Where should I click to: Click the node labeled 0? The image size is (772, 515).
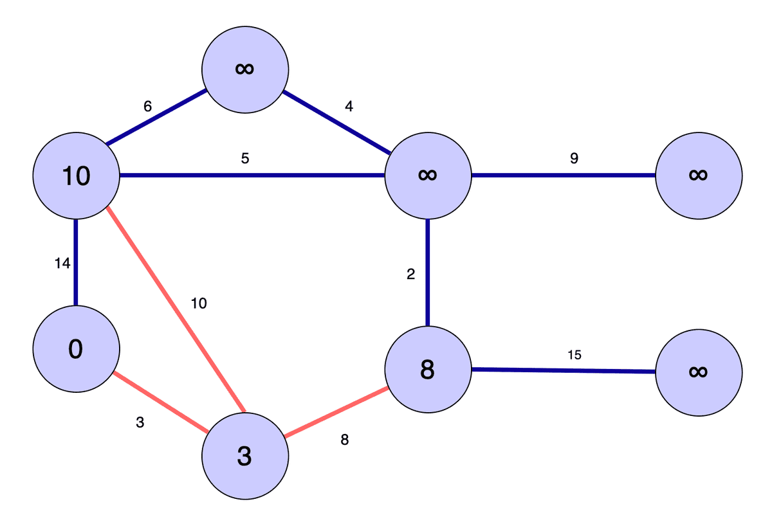pyautogui.click(x=76, y=348)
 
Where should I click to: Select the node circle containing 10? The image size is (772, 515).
pyautogui.click(x=76, y=176)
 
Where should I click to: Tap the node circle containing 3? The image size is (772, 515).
pyautogui.click(x=245, y=456)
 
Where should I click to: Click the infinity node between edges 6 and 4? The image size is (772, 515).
pyautogui.click(x=245, y=69)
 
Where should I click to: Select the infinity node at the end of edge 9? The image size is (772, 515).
pyautogui.click(x=699, y=175)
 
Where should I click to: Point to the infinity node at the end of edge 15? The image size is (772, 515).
pyautogui.click(x=699, y=372)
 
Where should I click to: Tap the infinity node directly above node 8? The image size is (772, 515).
pyautogui.click(x=428, y=175)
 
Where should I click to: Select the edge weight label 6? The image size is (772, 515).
pyautogui.click(x=147, y=107)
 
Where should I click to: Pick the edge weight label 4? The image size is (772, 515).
pyautogui.click(x=349, y=107)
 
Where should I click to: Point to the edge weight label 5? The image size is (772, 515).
pyautogui.click(x=245, y=158)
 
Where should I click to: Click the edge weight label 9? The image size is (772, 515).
pyautogui.click(x=574, y=158)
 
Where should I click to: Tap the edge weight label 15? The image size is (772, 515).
pyautogui.click(x=574, y=354)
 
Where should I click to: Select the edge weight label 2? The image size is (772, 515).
pyautogui.click(x=411, y=275)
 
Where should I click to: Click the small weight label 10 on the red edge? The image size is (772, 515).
pyautogui.click(x=199, y=303)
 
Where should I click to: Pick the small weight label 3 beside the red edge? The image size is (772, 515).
pyautogui.click(x=140, y=422)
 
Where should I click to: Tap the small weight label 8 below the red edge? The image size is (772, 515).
pyautogui.click(x=345, y=440)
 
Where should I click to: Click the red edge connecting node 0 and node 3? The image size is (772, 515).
pyautogui.click(x=160, y=402)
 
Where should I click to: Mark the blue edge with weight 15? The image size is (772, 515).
pyautogui.click(x=564, y=371)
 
